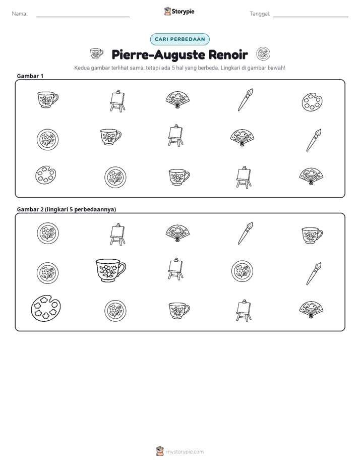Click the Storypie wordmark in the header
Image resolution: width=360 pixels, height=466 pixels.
click(183, 12)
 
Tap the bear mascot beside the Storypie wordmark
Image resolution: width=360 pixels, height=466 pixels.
click(167, 11)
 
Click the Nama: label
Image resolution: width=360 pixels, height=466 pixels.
click(20, 14)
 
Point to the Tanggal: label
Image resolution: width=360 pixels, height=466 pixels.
click(260, 14)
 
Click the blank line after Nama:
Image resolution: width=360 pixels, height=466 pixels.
click(83, 17)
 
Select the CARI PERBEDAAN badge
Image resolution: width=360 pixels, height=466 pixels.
click(179, 39)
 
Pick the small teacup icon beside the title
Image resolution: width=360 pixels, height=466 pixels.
click(96, 54)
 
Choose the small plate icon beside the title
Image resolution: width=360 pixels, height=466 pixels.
click(263, 54)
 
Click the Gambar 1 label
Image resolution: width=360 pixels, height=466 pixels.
click(30, 76)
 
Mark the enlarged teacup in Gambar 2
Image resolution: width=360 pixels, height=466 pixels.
click(110, 270)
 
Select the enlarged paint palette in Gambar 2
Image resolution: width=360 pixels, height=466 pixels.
click(46, 308)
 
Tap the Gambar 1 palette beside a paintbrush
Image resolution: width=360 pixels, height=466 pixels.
click(312, 102)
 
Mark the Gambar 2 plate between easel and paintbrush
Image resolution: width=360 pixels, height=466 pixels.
click(242, 271)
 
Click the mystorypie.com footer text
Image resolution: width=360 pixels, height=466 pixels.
click(185, 452)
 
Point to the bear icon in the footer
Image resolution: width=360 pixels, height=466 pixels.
click(160, 451)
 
